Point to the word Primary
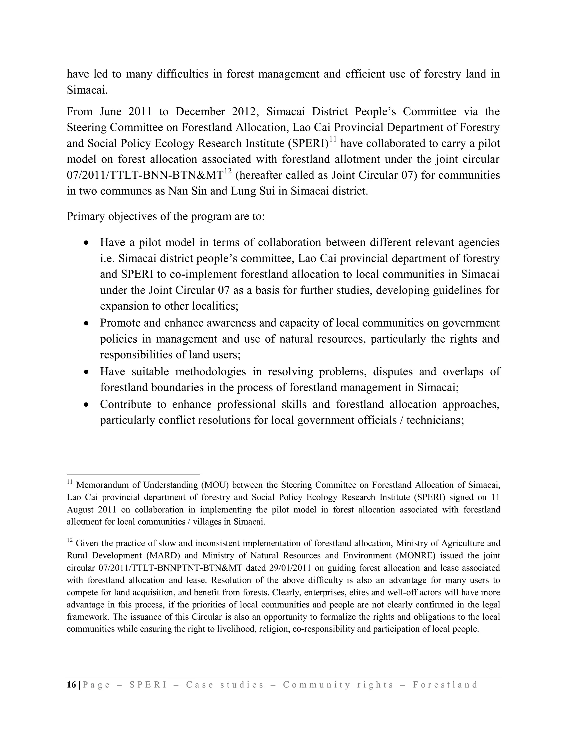85,216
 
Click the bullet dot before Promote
86,323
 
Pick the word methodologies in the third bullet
210,372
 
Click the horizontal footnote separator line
133,474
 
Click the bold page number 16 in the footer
71,685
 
